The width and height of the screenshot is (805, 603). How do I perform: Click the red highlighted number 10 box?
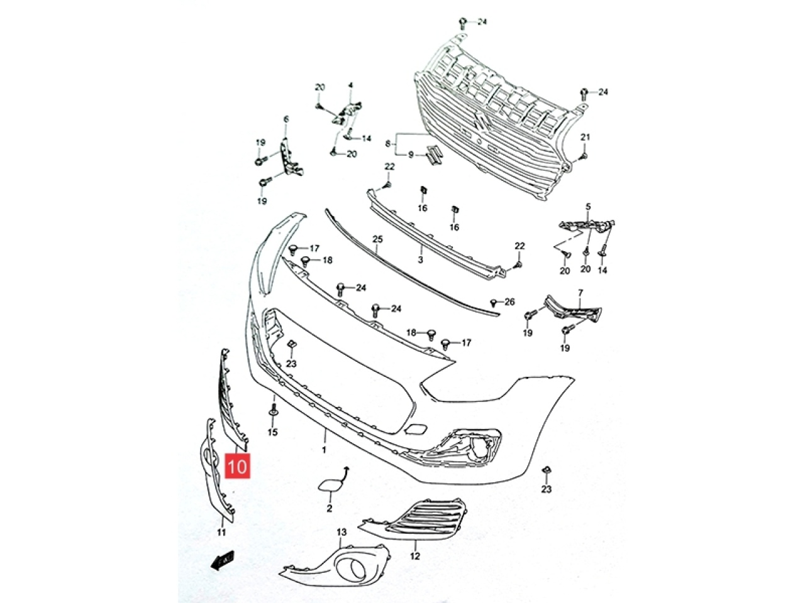click(237, 465)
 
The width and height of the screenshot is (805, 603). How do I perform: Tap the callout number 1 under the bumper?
click(324, 449)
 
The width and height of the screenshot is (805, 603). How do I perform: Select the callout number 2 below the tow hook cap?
click(329, 508)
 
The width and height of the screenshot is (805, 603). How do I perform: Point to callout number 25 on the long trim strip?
click(377, 239)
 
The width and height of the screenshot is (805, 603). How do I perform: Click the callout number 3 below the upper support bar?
click(420, 260)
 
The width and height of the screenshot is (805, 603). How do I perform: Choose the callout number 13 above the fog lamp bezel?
click(341, 532)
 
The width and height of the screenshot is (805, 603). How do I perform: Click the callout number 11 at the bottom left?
click(221, 532)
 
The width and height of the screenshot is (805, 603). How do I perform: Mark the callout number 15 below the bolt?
click(272, 432)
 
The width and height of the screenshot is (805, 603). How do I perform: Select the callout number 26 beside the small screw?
click(509, 301)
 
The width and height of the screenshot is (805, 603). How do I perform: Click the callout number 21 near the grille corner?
click(585, 138)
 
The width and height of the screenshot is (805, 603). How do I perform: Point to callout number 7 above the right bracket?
click(580, 293)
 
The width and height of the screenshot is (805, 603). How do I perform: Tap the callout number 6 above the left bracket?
click(286, 119)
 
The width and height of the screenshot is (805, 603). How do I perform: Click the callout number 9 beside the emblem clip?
click(411, 155)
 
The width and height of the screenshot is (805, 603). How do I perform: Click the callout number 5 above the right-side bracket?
click(588, 207)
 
